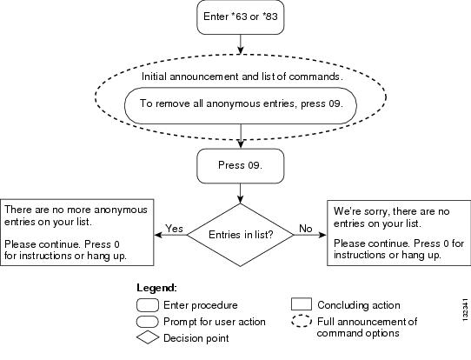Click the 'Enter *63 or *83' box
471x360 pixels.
click(x=241, y=17)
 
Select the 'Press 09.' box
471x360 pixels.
click(x=241, y=166)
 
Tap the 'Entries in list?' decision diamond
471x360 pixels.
click(x=241, y=235)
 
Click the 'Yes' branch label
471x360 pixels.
click(x=174, y=229)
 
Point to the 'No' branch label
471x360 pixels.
click(x=306, y=229)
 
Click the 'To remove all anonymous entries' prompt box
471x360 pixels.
click(x=241, y=105)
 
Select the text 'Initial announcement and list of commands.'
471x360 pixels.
click(x=242, y=77)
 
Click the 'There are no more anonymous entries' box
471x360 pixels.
click(x=76, y=232)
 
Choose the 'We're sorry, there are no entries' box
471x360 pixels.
click(x=399, y=233)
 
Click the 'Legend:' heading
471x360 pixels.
click(x=156, y=288)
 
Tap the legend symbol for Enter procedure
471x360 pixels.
click(x=148, y=305)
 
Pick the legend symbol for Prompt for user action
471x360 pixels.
click(x=147, y=322)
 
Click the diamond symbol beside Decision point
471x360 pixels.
click(x=148, y=338)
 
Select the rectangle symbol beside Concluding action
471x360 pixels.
click(x=302, y=304)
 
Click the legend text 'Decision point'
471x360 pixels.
click(x=196, y=338)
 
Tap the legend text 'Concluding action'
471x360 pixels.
click(x=359, y=305)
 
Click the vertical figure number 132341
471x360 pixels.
click(x=465, y=310)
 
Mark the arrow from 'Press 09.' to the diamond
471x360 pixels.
click(x=241, y=194)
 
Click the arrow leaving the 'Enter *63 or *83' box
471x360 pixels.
click(x=241, y=44)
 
